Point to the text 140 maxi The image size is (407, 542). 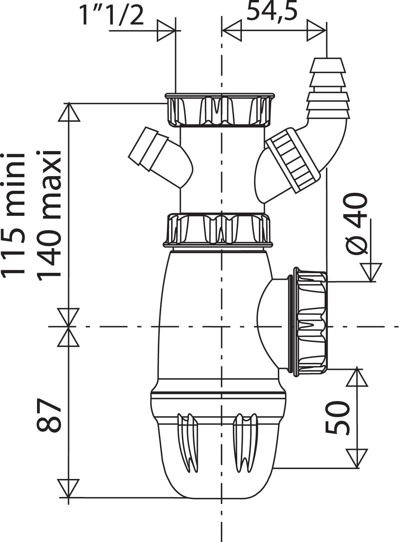(49, 215)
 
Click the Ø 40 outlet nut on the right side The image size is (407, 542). (310, 322)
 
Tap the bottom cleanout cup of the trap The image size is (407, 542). (219, 460)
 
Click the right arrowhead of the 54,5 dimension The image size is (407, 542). (316, 31)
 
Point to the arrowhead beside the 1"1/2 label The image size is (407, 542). (166, 31)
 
